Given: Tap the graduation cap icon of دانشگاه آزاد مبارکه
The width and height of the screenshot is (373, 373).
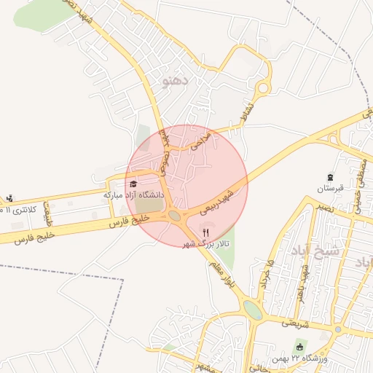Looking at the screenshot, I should (133, 184).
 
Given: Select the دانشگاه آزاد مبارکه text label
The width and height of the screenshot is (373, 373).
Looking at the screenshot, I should (134, 195).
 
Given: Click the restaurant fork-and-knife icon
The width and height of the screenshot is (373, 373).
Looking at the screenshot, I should (205, 232).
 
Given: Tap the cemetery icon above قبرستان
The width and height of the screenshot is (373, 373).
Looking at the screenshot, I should (331, 177).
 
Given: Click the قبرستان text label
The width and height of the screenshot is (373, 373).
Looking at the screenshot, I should (329, 188).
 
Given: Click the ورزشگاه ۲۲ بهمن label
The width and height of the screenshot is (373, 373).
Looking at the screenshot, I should (313, 358).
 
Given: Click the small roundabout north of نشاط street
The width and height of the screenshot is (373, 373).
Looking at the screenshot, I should (264, 88).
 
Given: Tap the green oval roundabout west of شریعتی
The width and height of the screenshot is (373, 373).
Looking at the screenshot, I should (253, 310).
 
